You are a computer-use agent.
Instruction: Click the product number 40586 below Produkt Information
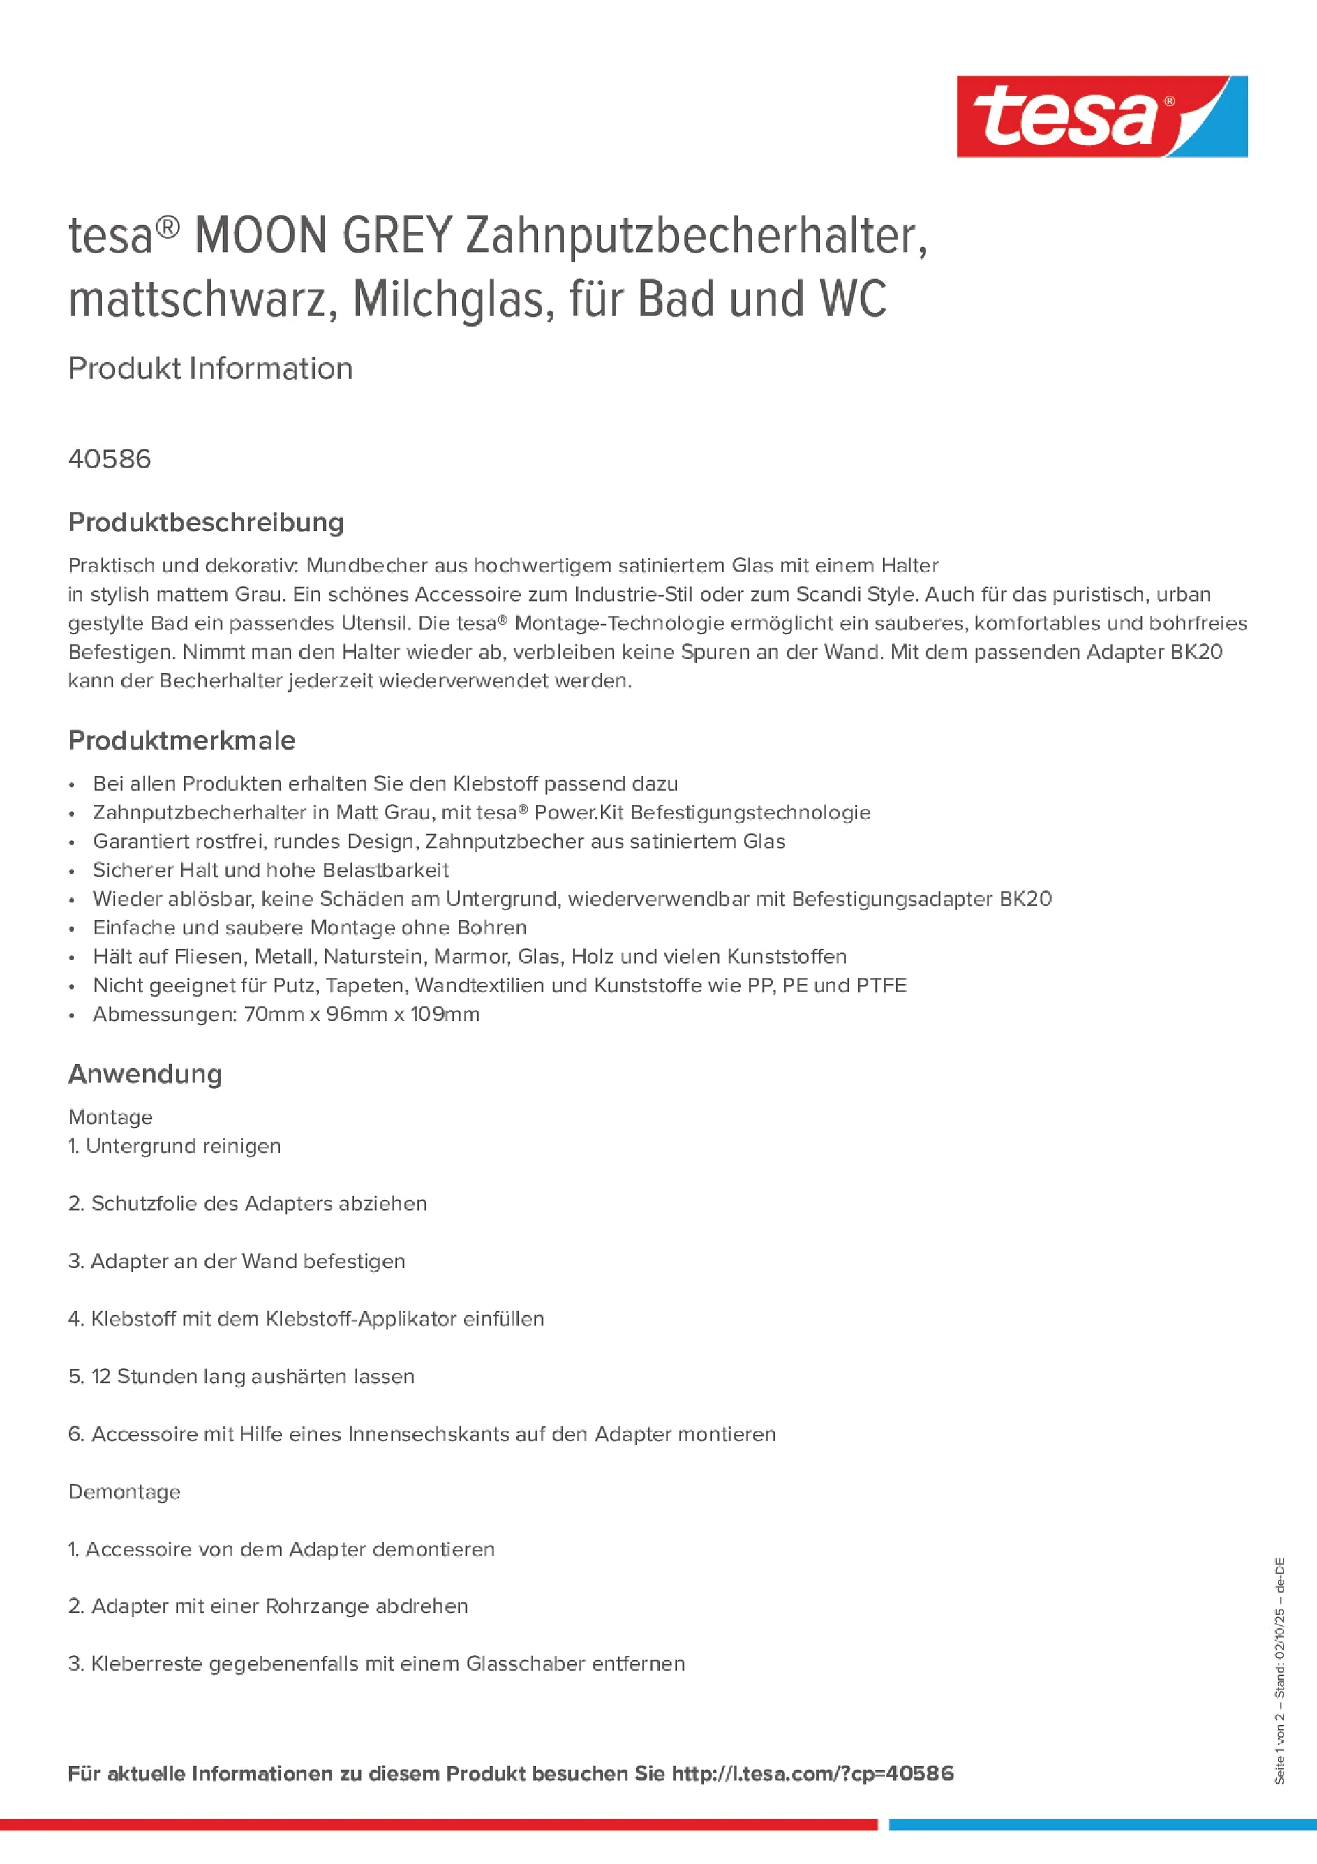point(110,459)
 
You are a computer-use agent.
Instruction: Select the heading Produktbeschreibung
point(205,522)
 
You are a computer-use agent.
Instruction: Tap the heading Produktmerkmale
point(182,740)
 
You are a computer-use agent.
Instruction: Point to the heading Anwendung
point(145,1074)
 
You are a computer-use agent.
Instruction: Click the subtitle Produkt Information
point(210,368)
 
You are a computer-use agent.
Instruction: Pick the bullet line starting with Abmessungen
point(286,1015)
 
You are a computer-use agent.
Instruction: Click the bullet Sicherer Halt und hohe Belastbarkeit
point(270,870)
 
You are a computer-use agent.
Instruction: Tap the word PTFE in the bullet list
point(880,985)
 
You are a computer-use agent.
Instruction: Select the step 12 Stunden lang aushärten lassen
point(253,1377)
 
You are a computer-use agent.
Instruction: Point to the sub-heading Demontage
point(124,1492)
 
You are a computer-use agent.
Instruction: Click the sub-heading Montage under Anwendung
point(110,1118)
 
